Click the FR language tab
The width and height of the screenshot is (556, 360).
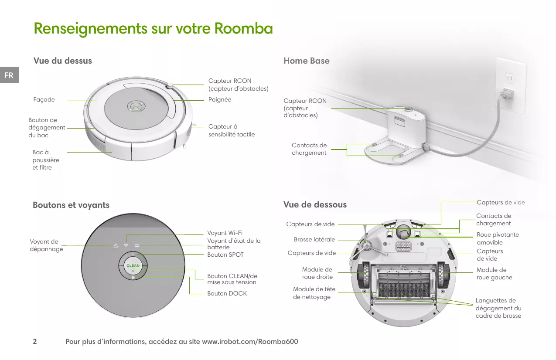[x=9, y=75]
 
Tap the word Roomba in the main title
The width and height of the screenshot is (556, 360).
[x=243, y=29]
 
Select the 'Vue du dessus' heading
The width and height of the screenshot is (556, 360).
[x=63, y=61]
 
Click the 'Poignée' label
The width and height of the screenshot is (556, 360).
[x=220, y=99]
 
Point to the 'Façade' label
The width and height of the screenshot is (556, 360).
[x=44, y=100]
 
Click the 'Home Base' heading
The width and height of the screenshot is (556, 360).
[x=306, y=61]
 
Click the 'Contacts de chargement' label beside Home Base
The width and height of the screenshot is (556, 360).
[x=309, y=149]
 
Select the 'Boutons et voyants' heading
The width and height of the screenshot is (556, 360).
[x=71, y=205]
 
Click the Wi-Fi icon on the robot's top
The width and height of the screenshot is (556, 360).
[x=126, y=245]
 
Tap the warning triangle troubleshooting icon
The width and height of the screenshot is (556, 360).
[x=116, y=245]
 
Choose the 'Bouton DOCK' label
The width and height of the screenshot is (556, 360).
[x=227, y=293]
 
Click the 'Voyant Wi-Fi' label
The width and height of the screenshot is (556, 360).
[x=225, y=233]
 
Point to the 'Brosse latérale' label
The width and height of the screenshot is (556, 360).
[x=314, y=239]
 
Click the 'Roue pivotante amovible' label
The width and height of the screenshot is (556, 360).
[x=498, y=238]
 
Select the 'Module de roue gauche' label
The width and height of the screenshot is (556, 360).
[x=494, y=274]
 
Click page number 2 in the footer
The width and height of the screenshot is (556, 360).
[x=35, y=341]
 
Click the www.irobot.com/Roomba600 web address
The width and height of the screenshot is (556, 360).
[x=250, y=341]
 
